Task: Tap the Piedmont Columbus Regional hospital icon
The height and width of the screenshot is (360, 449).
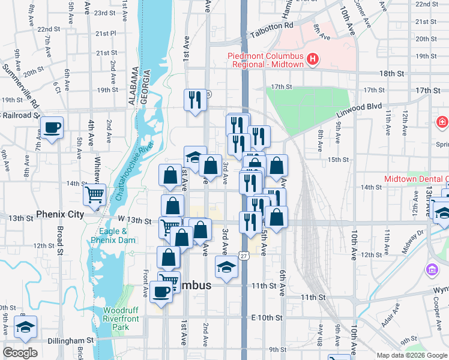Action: click(312, 59)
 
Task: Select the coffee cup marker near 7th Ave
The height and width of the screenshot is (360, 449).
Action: click(52, 128)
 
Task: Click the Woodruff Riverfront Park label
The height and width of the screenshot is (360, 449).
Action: click(121, 319)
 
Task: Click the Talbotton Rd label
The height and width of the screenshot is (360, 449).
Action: click(272, 27)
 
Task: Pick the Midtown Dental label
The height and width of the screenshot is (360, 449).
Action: click(416, 179)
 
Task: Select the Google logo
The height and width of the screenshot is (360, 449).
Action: click(20, 353)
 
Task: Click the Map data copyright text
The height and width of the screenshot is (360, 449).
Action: click(411, 355)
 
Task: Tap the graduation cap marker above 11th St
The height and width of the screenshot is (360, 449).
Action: click(227, 266)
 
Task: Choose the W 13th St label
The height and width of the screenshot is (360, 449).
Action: click(133, 221)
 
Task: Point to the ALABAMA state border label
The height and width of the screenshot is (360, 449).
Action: click(133, 88)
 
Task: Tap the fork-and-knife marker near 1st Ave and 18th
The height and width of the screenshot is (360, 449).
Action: click(194, 100)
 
